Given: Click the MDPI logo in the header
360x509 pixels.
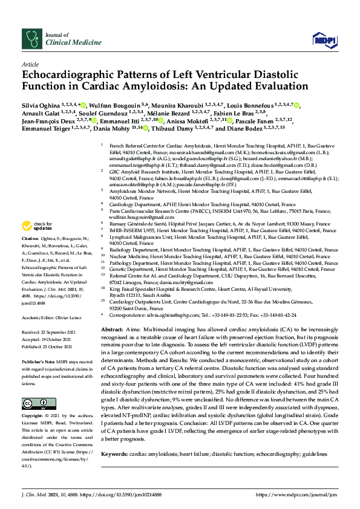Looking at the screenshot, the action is point(324,39).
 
